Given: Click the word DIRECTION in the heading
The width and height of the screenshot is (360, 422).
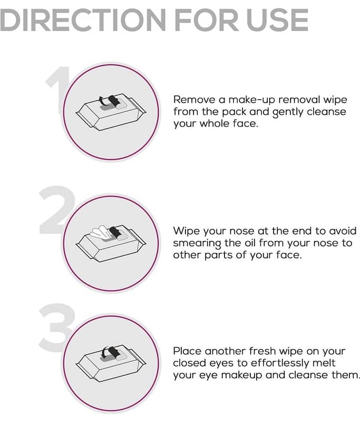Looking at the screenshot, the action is pos(83,20).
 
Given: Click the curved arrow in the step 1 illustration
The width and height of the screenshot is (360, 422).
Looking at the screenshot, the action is pos(103,101).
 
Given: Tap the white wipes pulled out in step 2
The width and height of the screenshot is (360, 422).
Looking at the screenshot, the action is pos(100,233).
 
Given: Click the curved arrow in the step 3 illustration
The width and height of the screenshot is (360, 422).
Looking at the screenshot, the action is pos(105,351).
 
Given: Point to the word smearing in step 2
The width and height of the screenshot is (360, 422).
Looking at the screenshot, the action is pos(197,244).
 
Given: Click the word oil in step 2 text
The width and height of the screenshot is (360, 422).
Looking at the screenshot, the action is pos(250,243).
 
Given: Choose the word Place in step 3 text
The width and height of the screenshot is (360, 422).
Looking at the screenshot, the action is pos(187,351).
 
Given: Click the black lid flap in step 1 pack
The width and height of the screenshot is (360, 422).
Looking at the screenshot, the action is pos(114,101).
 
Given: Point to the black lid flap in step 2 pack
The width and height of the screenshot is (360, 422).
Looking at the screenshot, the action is pos(114,232).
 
